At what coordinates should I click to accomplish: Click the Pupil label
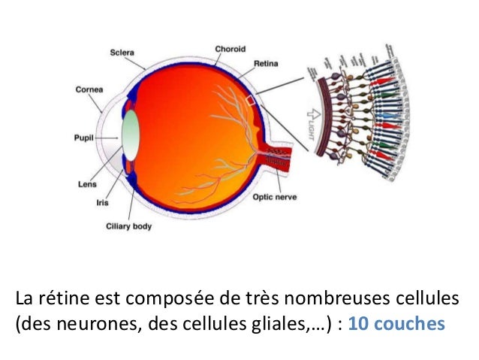(82, 138)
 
